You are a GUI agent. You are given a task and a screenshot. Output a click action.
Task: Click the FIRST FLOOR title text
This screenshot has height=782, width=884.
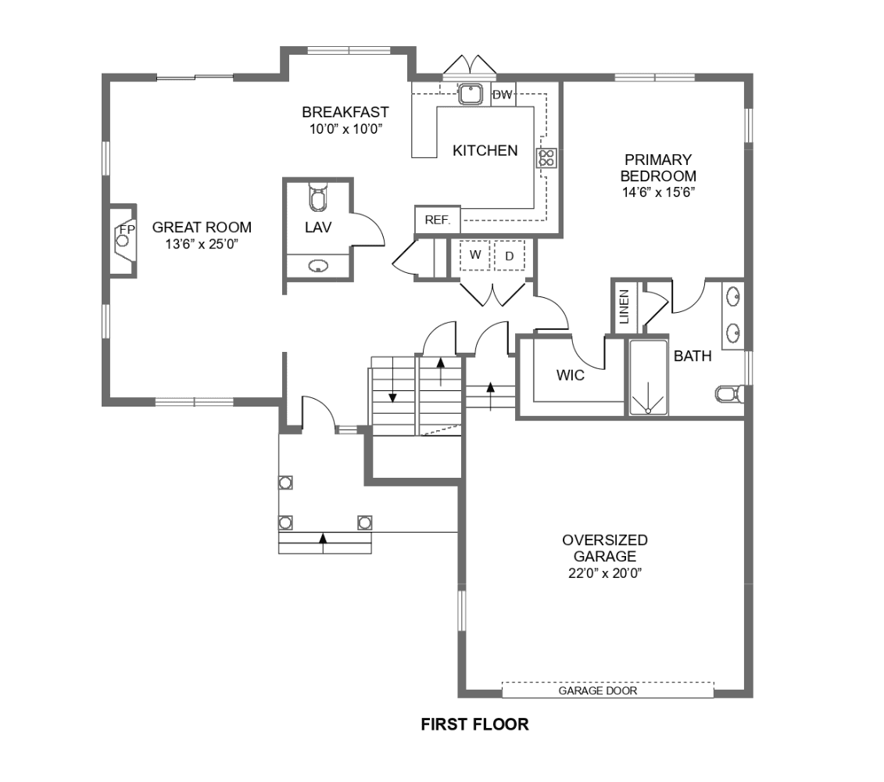coord(474,724)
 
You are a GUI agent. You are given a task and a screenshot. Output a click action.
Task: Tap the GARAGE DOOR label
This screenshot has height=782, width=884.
coord(598,691)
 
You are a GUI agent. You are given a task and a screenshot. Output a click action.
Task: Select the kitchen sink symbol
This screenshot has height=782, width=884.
coord(470,94)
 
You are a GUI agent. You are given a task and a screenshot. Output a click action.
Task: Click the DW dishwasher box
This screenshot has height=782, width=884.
coord(503,94)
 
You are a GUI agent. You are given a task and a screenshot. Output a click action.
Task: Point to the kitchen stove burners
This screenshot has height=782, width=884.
coord(546,158)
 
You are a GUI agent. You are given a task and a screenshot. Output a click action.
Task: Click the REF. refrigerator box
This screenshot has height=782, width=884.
coord(438,220)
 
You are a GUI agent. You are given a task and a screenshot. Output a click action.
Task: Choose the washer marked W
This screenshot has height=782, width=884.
coord(474,255)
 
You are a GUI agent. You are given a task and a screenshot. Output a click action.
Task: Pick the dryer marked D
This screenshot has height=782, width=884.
coord(509,256)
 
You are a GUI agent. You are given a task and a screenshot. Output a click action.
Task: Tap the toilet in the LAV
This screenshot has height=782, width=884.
coord(318,196)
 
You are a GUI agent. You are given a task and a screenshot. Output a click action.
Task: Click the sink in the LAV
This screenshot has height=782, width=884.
coord(319,266)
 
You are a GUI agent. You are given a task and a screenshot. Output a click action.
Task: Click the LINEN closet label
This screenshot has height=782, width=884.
coord(624,307)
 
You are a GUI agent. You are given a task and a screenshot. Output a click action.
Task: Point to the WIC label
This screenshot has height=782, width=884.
coord(570,375)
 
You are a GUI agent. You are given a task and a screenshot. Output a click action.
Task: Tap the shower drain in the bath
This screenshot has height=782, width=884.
coord(648,411)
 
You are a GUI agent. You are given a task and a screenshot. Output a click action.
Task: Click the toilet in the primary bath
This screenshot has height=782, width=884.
coord(729,394)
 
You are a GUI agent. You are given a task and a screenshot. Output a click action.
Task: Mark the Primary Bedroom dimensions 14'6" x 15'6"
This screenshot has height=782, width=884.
coord(658,192)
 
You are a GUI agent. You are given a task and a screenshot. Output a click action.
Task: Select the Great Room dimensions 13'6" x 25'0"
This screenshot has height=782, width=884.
coord(202,244)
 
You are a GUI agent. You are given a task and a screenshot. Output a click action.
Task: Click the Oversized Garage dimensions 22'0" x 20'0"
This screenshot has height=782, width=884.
coord(605,573)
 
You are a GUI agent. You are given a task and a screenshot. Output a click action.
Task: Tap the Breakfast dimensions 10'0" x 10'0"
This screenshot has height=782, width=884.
coord(345,129)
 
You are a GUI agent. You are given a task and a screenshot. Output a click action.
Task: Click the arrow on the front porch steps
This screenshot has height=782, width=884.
coord(323,538)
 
